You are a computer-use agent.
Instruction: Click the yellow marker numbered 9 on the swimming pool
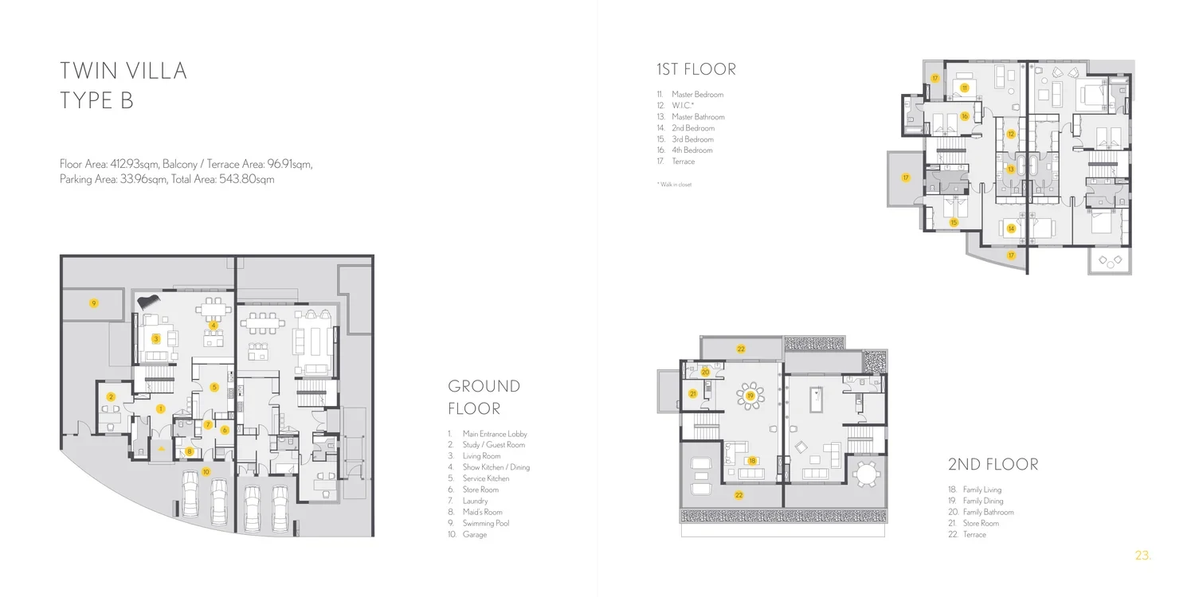[94, 303]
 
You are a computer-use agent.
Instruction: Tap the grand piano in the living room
[148, 302]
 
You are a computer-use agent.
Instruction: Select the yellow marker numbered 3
[156, 338]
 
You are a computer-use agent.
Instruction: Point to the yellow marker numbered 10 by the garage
[206, 472]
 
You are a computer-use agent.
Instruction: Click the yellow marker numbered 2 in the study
[111, 396]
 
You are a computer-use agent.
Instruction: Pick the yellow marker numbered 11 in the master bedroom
[964, 88]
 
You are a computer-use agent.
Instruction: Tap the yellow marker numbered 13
[1010, 169]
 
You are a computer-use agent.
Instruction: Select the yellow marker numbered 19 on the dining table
[750, 396]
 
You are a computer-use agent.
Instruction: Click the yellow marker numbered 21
[692, 394]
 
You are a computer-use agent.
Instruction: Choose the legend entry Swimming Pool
[485, 524]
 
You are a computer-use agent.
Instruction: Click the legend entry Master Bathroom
[698, 117]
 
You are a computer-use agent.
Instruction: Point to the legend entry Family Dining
[982, 501]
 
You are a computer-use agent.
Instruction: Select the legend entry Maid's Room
[482, 513]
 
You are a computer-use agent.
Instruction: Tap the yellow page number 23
[1142, 556]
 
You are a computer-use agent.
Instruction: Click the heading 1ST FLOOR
[696, 69]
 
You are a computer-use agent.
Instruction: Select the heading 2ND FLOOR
[993, 464]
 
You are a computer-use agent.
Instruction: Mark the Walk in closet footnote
[674, 185]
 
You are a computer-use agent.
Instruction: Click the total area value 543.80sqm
[246, 179]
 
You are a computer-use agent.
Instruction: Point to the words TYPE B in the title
[96, 100]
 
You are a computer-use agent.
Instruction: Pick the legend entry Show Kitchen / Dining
[496, 467]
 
